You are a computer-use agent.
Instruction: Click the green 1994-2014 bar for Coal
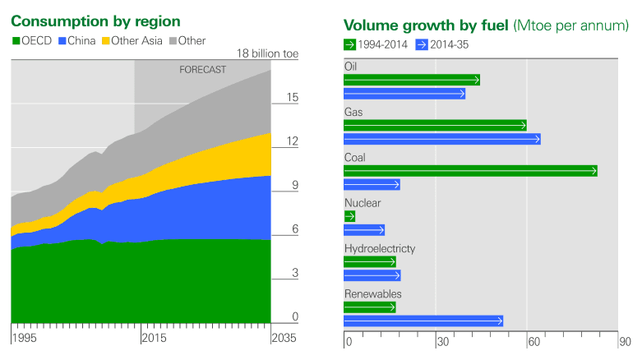click(469, 171)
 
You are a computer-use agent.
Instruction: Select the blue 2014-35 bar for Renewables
click(423, 321)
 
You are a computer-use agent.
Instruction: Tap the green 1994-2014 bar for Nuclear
click(349, 216)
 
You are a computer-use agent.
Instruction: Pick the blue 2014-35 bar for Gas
click(441, 139)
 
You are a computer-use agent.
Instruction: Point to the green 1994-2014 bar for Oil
click(411, 80)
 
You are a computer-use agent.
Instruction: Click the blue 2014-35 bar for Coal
click(372, 184)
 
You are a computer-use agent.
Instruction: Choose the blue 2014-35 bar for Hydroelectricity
click(372, 275)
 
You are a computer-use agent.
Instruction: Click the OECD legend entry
click(32, 40)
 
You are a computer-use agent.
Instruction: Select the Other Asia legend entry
click(134, 40)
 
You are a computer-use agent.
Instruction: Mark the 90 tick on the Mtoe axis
click(625, 342)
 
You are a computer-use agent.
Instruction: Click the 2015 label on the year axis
click(153, 338)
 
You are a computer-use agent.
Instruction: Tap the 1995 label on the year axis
click(25, 338)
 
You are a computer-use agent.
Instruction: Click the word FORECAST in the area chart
click(202, 70)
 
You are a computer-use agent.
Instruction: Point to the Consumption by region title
click(95, 21)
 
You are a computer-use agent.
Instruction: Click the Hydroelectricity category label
click(380, 248)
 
